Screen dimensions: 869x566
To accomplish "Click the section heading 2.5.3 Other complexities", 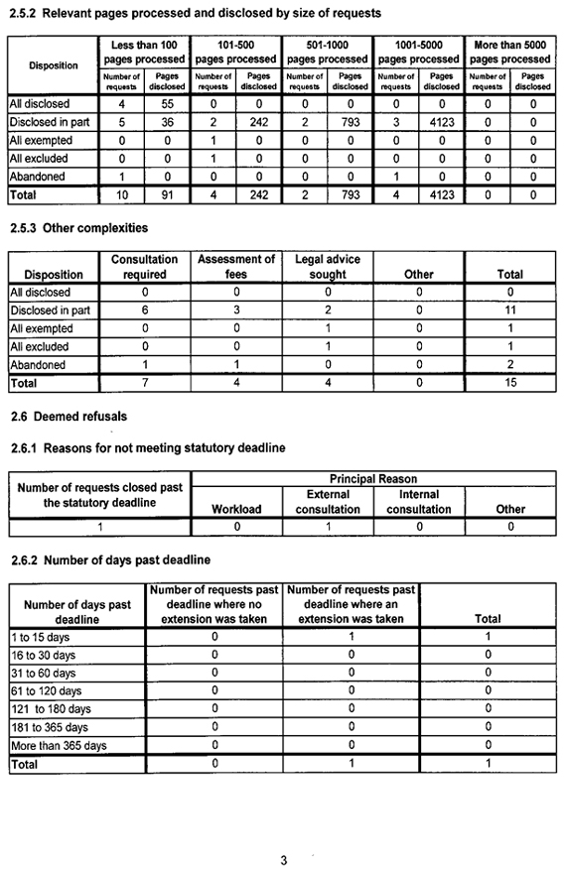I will (77, 228).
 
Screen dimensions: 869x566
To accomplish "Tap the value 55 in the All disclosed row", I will (167, 104).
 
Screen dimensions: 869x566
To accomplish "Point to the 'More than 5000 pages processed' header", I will (510, 53).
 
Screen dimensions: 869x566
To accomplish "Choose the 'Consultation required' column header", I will (144, 267).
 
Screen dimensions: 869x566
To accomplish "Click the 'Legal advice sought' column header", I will (328, 267).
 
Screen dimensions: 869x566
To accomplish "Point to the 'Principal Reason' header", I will (373, 479).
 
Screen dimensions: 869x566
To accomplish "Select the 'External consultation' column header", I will (328, 502).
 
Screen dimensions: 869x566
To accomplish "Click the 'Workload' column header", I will (236, 510).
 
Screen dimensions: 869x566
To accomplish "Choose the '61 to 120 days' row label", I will (46, 691).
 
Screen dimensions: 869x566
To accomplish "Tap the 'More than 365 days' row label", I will (58, 745).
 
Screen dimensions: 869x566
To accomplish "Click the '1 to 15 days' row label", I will (42, 637).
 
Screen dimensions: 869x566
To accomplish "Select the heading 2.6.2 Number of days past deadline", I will (109, 560).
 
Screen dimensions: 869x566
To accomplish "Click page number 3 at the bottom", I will (283, 860).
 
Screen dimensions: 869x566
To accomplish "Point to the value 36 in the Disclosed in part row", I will (167, 122).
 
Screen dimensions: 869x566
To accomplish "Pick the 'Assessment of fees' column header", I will (236, 267).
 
